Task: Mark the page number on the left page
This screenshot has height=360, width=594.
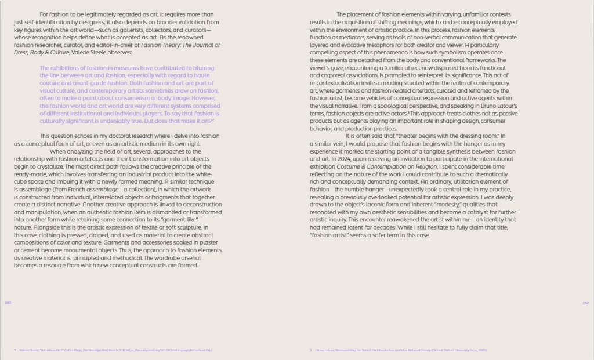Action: pos(8,303)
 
